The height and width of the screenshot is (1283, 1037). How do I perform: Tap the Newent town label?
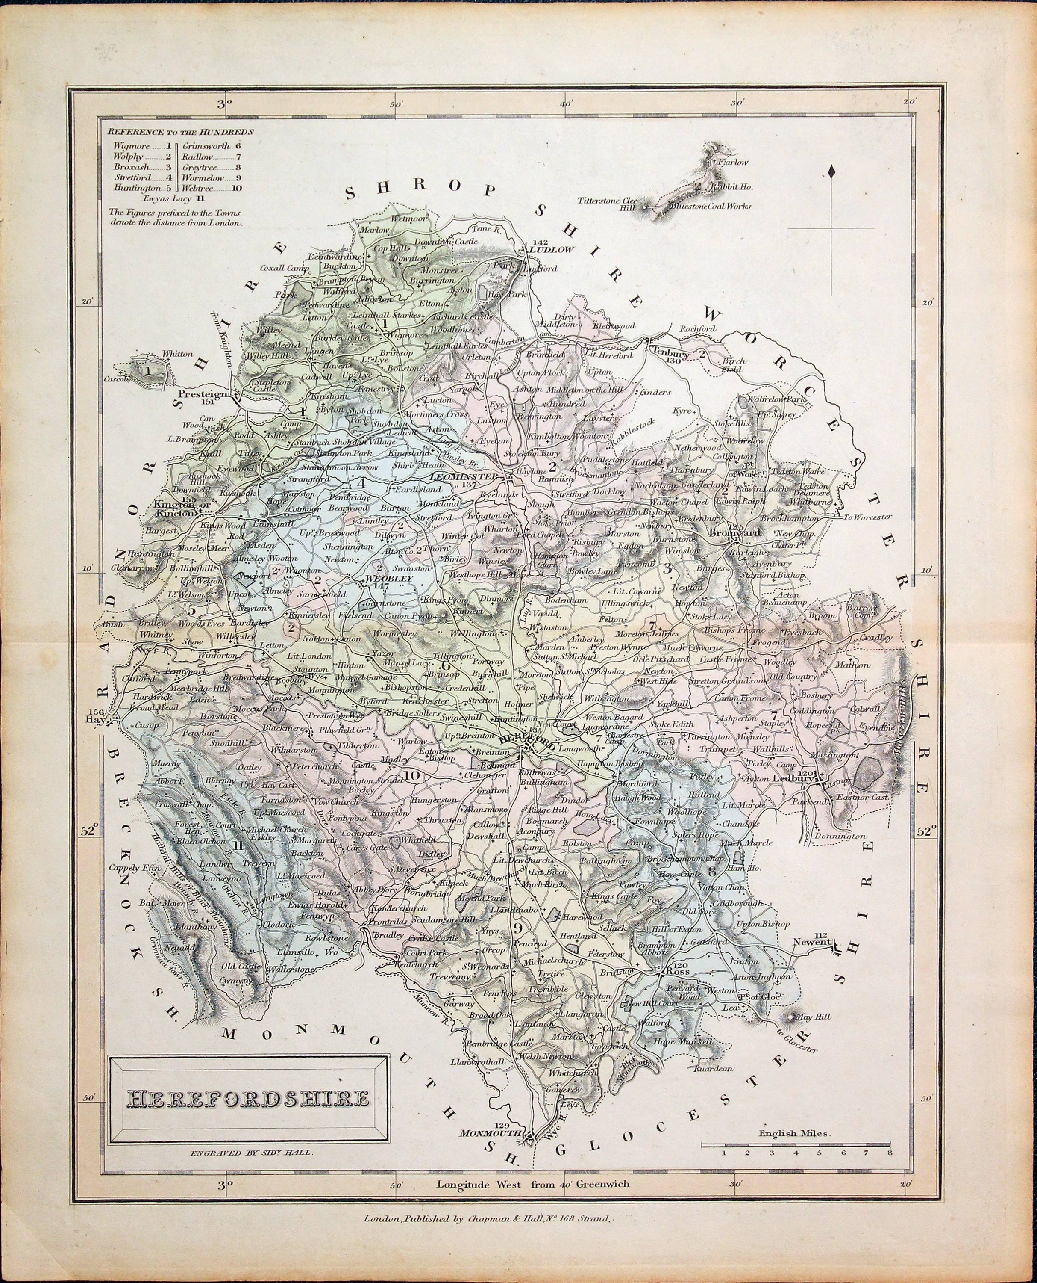click(x=812, y=943)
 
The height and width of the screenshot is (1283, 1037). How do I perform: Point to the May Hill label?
click(x=818, y=1016)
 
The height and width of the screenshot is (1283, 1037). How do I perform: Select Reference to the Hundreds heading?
click(x=180, y=131)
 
